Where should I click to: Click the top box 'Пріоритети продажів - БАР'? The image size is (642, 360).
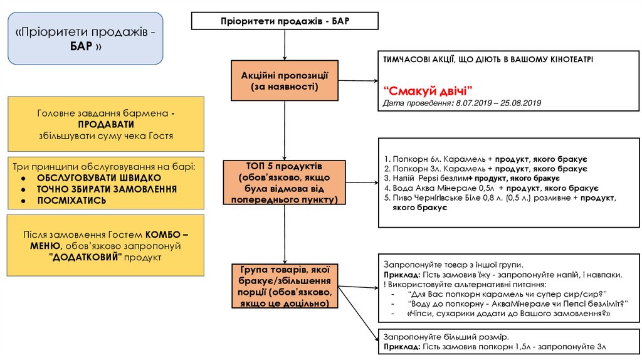tap(285, 21)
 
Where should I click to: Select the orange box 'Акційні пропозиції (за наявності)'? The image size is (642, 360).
tap(285, 81)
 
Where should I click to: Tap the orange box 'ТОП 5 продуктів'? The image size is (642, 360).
tap(285, 183)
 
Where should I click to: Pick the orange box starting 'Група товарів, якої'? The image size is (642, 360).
tap(285, 286)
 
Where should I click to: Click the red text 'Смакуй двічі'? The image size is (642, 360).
tap(428, 90)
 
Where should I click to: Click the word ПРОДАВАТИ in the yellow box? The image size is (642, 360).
tap(106, 124)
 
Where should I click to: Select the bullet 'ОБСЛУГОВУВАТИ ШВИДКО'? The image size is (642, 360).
tap(99, 178)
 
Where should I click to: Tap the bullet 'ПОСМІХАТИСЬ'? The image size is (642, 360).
tap(71, 201)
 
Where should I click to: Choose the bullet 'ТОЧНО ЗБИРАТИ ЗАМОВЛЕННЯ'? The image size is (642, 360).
tap(107, 189)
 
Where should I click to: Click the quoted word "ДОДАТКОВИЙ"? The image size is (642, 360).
tap(85, 257)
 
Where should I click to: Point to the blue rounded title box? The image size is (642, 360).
tap(85, 38)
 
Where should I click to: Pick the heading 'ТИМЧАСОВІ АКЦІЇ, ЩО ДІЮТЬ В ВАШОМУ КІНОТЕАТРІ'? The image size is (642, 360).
tap(488, 60)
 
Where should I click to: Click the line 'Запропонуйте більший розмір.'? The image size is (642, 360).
tap(446, 337)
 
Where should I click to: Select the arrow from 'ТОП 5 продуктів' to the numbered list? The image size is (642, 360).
tap(362, 183)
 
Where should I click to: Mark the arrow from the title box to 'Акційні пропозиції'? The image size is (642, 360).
tap(285, 45)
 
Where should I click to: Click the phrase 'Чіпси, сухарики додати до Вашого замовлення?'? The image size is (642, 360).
tap(509, 314)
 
